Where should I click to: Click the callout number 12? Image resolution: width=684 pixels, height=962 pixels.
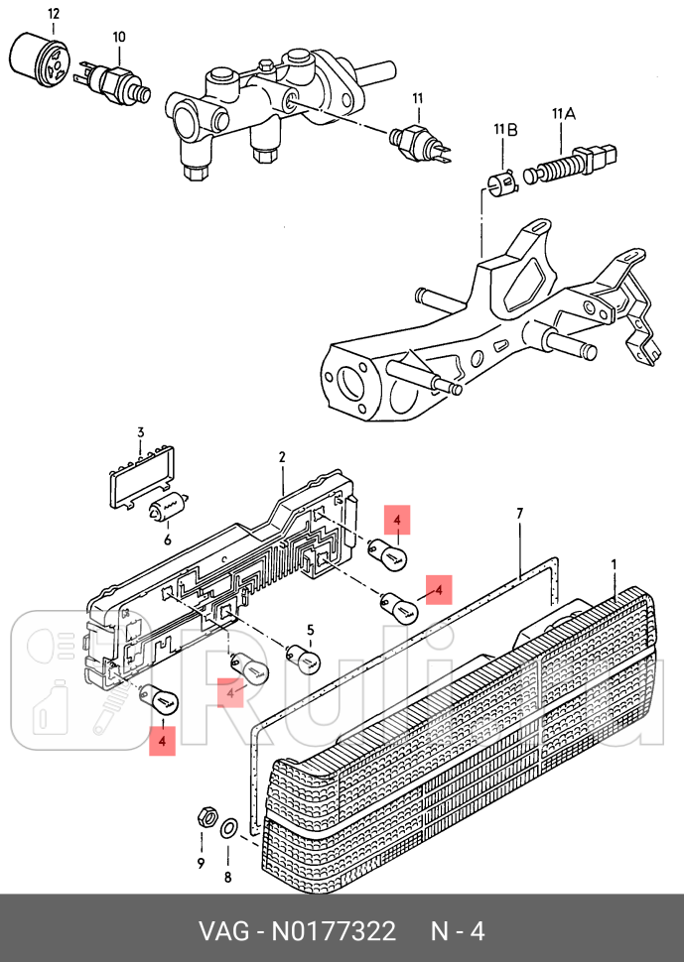53,14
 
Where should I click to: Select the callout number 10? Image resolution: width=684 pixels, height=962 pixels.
119,38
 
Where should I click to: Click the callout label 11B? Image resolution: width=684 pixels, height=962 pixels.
505,130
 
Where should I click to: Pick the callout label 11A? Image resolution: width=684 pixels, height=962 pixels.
563,115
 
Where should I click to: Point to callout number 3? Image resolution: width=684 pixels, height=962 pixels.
141,432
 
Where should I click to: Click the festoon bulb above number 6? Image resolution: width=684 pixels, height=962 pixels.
169,510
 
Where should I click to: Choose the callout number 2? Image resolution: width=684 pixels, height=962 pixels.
282,457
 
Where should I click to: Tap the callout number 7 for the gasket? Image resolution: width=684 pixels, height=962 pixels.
519,513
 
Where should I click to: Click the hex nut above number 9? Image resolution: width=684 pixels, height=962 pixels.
204,818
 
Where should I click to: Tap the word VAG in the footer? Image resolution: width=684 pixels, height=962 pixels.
221,932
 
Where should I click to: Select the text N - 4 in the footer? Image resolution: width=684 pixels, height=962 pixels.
457,932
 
